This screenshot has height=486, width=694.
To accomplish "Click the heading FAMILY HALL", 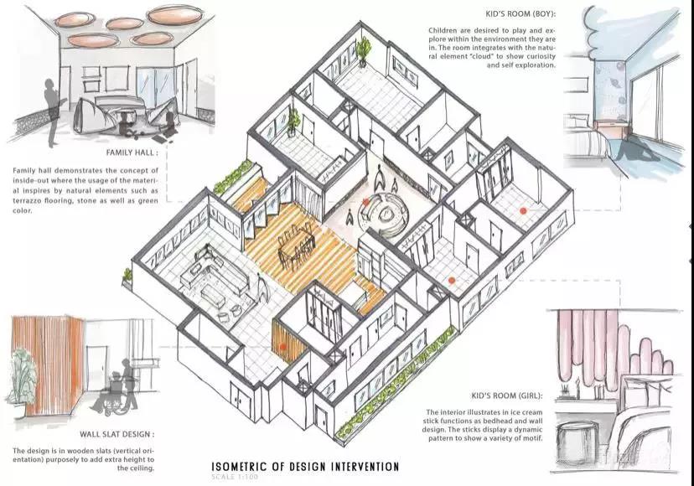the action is point(131,153).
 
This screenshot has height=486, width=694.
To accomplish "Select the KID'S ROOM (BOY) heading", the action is point(520,14).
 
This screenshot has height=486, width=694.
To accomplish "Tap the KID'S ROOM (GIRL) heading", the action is point(507,396).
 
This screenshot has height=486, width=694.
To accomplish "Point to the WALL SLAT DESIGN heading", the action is point(117,434).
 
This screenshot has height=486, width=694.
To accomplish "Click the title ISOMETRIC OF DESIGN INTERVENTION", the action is point(305,467).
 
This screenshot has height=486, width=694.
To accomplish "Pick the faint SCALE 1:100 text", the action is point(235,477).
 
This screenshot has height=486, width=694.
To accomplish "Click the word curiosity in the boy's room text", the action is point(539,57).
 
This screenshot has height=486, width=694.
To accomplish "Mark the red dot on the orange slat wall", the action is point(282,348).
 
